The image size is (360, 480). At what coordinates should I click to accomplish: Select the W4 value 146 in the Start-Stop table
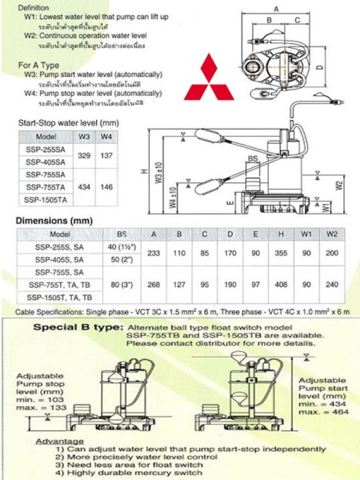[x=107, y=187]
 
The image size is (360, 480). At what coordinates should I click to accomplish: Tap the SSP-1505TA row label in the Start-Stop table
[x=46, y=199]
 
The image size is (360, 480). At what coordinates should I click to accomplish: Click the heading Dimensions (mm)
[x=55, y=221]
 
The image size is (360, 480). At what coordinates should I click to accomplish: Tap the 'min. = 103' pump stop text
[x=41, y=398]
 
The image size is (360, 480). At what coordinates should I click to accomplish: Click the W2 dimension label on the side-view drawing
[x=339, y=185]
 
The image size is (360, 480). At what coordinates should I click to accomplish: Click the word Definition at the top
[x=35, y=8]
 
